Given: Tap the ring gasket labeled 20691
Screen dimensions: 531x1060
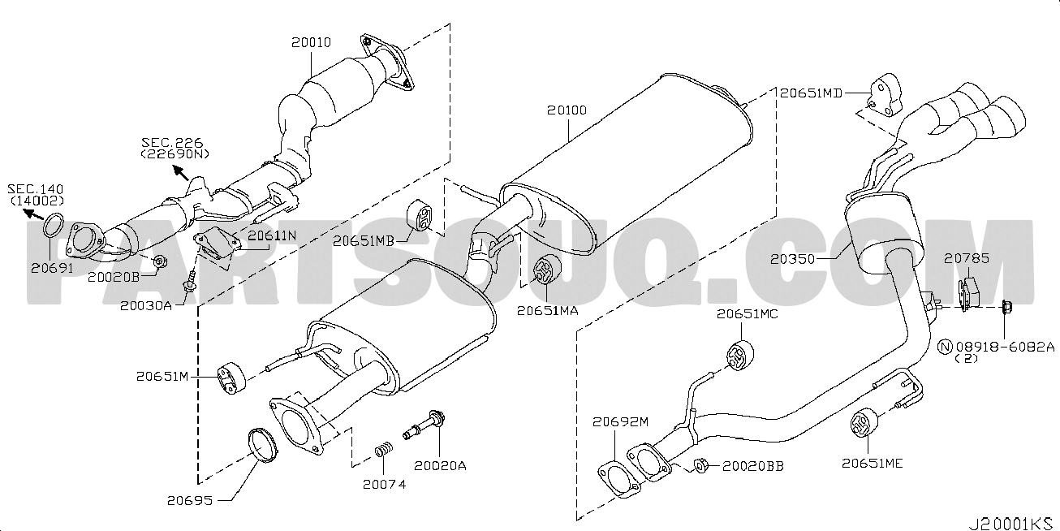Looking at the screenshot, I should point(54,222).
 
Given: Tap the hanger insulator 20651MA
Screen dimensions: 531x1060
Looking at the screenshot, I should point(546,270).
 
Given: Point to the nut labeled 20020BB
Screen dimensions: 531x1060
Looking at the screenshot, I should point(703,466).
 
